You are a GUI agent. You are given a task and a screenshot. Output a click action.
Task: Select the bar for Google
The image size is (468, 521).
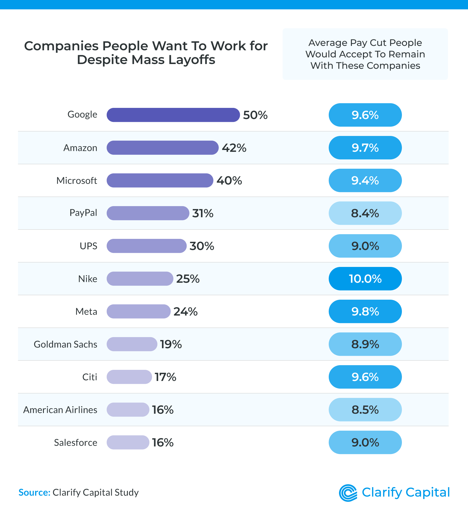tap(173, 115)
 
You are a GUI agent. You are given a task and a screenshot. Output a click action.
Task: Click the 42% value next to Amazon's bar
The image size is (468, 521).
tap(234, 148)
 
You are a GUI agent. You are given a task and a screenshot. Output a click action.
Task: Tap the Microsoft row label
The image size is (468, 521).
tap(77, 181)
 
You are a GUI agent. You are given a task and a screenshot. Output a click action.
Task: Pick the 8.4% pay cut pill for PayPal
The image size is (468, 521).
tap(365, 213)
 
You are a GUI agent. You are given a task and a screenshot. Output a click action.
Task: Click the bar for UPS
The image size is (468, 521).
tap(146, 246)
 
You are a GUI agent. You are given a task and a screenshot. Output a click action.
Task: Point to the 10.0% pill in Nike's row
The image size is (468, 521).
tap(365, 279)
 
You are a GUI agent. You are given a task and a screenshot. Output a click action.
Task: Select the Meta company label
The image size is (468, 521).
tap(86, 312)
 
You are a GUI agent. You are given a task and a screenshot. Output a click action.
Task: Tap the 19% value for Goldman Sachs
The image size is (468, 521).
tap(171, 344)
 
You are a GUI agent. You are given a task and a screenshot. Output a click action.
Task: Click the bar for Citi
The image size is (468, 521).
tap(129, 377)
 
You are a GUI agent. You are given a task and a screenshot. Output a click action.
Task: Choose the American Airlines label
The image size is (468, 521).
tap(60, 410)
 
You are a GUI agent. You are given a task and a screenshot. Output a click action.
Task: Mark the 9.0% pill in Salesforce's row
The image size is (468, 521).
tap(365, 442)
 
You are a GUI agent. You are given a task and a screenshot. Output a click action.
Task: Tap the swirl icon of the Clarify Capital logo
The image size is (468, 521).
tap(348, 493)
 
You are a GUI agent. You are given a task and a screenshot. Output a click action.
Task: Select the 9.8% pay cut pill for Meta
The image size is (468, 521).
tap(365, 311)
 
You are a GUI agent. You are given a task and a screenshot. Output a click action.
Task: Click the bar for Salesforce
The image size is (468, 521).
tap(128, 442)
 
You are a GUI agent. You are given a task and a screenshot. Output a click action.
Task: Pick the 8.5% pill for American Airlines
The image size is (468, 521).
tap(365, 410)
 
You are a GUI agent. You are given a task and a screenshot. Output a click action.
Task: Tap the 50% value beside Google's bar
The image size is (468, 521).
tap(255, 115)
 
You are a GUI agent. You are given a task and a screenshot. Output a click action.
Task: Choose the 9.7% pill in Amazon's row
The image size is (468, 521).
tap(365, 148)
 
